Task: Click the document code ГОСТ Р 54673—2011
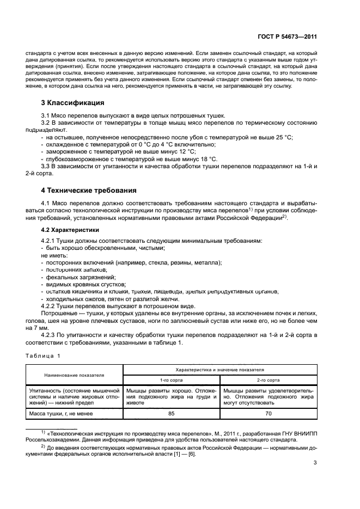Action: click(x=286, y=37)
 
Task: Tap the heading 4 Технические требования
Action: click(x=86, y=191)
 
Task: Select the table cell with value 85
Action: click(x=171, y=413)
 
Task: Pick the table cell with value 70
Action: click(x=267, y=413)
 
